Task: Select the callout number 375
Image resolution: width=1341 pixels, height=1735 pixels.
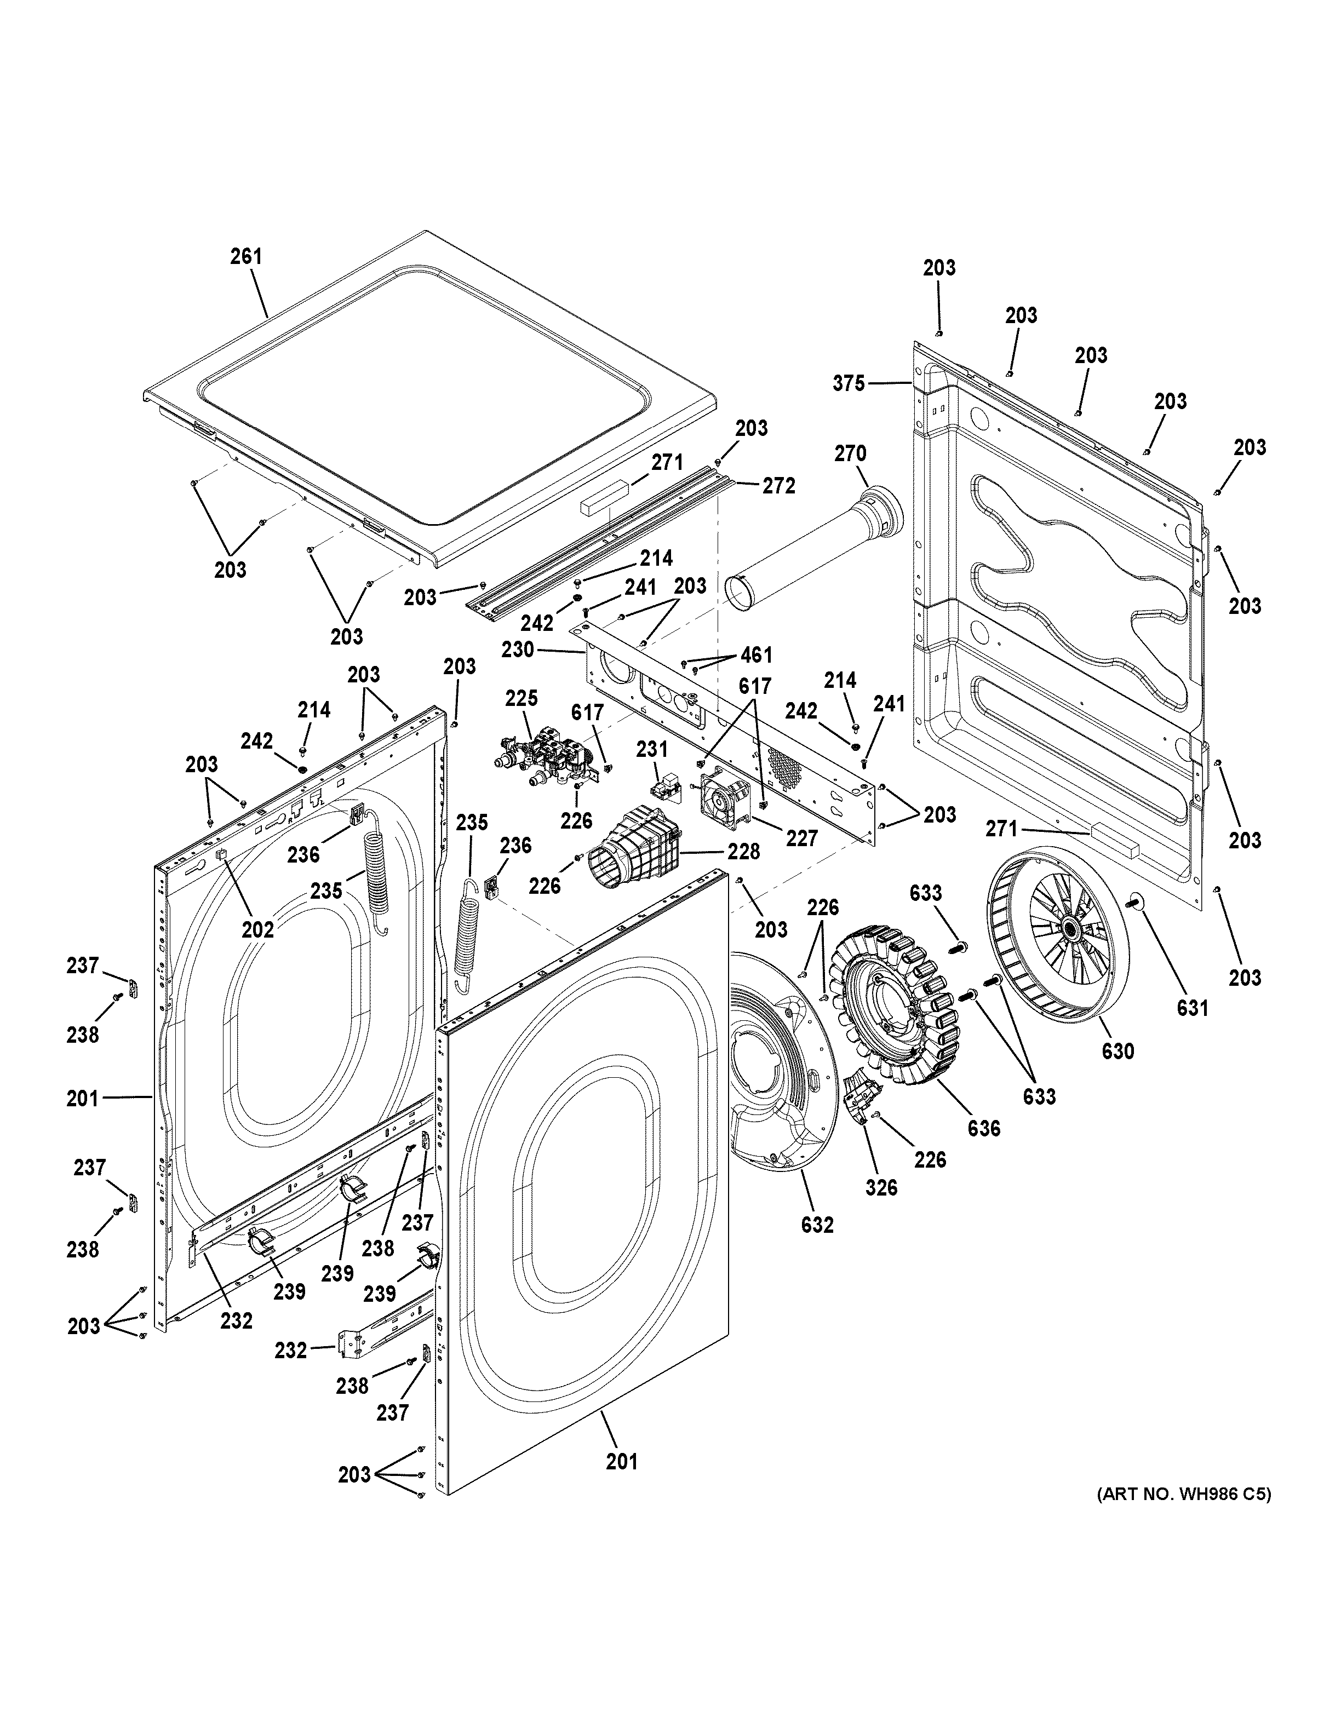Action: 849,384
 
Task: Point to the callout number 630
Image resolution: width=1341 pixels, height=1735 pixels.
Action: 1117,1051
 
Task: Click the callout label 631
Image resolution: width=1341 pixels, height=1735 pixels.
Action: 1191,1008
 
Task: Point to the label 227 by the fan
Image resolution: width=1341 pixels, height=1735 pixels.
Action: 801,837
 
